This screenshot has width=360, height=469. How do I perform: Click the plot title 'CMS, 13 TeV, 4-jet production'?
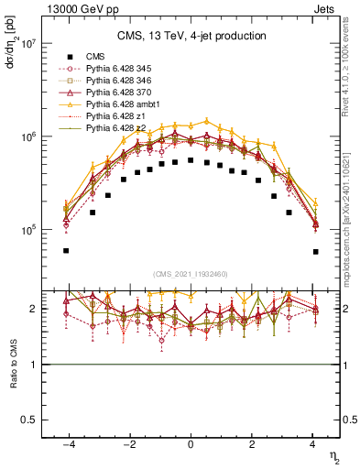(x=191, y=36)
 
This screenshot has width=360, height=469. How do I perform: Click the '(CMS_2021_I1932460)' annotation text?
(x=191, y=273)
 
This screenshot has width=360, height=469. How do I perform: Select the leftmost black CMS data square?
(x=66, y=250)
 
